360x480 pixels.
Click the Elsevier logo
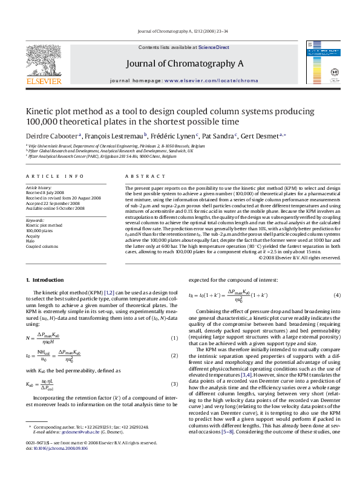(44, 63)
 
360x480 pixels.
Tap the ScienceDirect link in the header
(214, 47)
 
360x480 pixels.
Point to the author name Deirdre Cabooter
(46, 136)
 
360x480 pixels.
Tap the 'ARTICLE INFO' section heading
(54, 177)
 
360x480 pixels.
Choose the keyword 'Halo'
(30, 241)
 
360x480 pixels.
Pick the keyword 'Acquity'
(33, 235)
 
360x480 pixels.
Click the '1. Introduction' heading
(44, 280)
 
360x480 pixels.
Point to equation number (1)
(174, 338)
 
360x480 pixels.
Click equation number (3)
(174, 383)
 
